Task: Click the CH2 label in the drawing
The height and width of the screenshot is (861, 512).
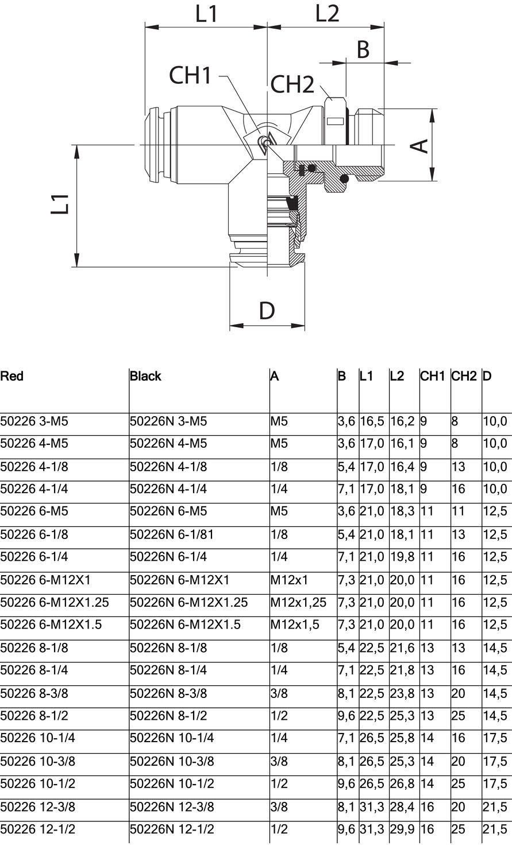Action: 292,85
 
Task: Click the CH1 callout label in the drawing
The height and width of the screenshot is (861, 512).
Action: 190,75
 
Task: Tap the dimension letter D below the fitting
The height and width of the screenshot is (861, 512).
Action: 267,311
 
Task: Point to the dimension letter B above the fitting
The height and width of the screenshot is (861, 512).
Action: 363,50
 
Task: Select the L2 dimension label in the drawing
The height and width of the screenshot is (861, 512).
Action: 327,14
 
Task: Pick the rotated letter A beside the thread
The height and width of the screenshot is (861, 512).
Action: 421,145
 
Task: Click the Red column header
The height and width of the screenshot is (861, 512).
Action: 12,377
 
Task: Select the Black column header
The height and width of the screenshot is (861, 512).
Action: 145,377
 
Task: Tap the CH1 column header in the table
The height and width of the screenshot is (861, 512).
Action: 433,377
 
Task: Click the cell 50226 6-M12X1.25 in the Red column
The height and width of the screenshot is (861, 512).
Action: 55,603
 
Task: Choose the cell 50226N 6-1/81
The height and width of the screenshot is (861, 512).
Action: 171,534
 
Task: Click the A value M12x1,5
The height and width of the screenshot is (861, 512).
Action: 294,625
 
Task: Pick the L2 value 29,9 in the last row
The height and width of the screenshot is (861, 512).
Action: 402,829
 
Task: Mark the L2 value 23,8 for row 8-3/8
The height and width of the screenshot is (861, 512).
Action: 402,693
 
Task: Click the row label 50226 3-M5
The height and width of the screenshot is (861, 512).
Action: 34,421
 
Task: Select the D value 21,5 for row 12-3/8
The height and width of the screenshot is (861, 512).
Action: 495,807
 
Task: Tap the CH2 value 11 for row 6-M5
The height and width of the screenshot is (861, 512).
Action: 458,511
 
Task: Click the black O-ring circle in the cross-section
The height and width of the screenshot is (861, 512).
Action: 345,179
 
